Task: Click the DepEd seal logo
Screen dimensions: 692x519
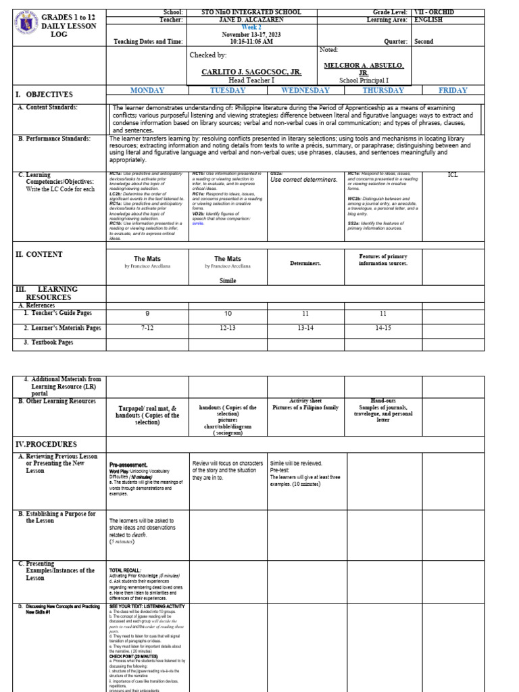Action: coord(24,26)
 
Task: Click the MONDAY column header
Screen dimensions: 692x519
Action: coord(147,91)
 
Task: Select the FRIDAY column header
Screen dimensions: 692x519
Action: coord(452,91)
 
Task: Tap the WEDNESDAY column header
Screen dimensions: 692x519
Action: coord(305,91)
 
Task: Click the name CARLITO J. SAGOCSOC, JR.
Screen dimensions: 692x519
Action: coord(251,72)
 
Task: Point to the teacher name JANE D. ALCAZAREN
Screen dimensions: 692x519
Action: coord(251,20)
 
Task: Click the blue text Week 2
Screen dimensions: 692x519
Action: coord(251,27)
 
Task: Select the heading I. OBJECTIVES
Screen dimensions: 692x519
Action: coord(45,95)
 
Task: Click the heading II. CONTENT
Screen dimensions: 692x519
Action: coord(39,255)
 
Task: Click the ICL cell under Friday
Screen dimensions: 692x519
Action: coord(452,175)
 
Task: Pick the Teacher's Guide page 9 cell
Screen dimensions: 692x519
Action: coord(147,314)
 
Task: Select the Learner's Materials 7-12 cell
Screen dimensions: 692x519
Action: coord(147,328)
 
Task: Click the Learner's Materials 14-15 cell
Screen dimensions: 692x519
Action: coord(383,328)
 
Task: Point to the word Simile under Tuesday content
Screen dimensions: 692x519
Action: coord(228,280)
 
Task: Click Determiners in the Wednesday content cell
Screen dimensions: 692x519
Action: coord(305,263)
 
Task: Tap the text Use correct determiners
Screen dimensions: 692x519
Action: coord(303,180)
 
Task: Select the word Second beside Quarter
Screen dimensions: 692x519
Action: coord(424,41)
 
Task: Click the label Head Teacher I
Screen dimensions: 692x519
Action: coord(251,80)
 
